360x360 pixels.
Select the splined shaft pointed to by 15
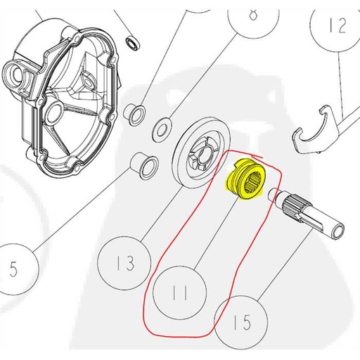pos(313,218)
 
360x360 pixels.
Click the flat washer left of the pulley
pos(161,127)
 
